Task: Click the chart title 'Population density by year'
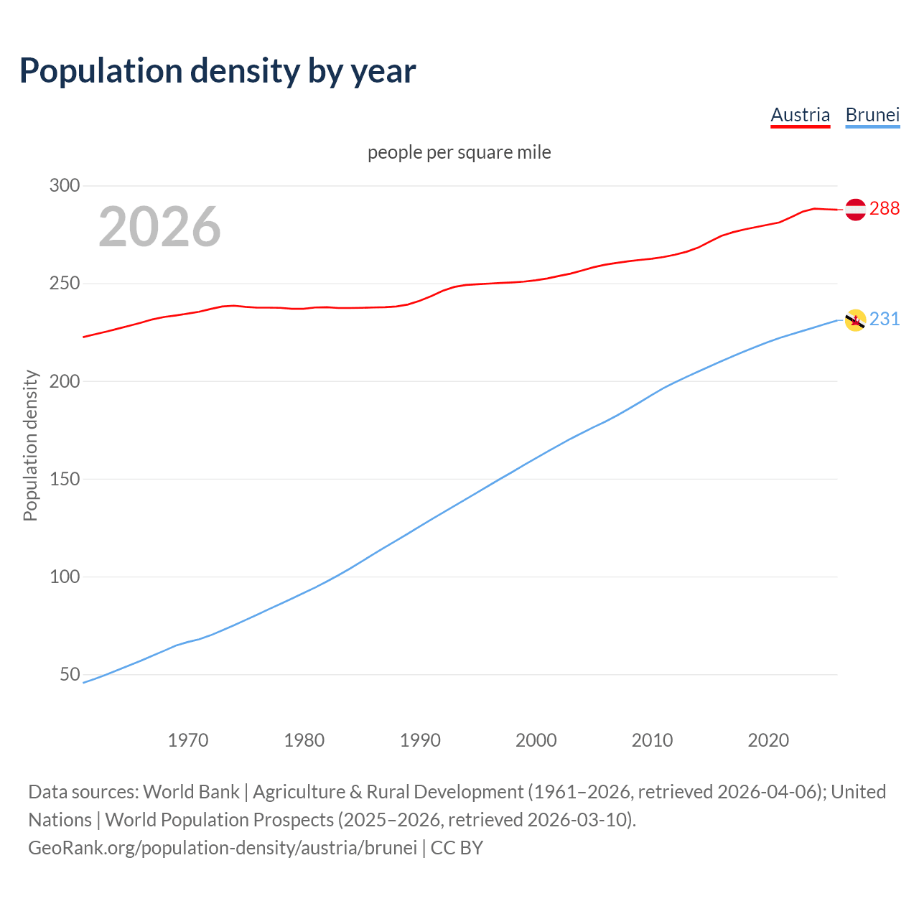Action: point(218,70)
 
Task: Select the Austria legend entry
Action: point(800,115)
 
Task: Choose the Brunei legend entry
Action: point(872,115)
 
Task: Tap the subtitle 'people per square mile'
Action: point(459,152)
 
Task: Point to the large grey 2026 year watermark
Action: point(159,227)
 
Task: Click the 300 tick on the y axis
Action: point(65,185)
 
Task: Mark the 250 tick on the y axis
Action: point(65,284)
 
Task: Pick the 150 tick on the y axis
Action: point(65,479)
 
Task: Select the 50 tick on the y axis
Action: point(70,674)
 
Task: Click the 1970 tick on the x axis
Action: point(188,740)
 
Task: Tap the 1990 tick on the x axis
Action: point(420,740)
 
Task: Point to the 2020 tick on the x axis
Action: point(768,740)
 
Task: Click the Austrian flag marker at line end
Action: point(855,209)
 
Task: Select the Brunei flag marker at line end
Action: point(855,320)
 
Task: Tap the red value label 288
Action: point(884,208)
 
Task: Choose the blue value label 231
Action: point(884,319)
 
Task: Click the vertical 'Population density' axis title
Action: point(30,445)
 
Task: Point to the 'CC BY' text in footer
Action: point(457,848)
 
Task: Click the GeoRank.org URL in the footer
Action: point(223,848)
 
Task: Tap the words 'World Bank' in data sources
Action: point(191,792)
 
